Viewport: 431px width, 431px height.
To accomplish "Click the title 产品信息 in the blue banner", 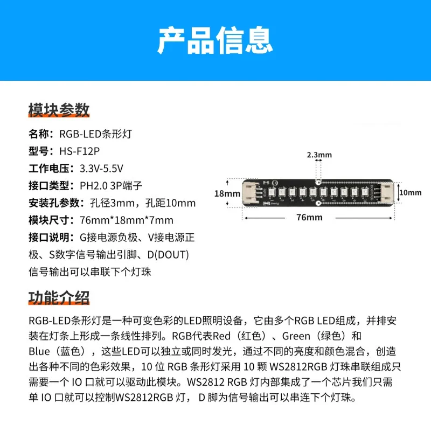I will tap(215, 40).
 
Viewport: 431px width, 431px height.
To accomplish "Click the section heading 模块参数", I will tap(59, 110).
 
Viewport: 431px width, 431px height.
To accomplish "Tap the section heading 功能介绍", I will tap(59, 297).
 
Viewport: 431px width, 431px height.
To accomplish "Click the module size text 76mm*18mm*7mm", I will tap(127, 220).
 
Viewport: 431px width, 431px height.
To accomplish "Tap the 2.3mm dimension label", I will tap(319, 155).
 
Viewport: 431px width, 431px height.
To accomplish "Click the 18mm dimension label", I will tap(226, 193).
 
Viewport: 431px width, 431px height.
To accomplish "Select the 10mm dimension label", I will tap(412, 192).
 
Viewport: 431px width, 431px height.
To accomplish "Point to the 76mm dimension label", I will tap(309, 217).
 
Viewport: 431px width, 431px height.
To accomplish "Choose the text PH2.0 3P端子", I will tap(112, 185).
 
